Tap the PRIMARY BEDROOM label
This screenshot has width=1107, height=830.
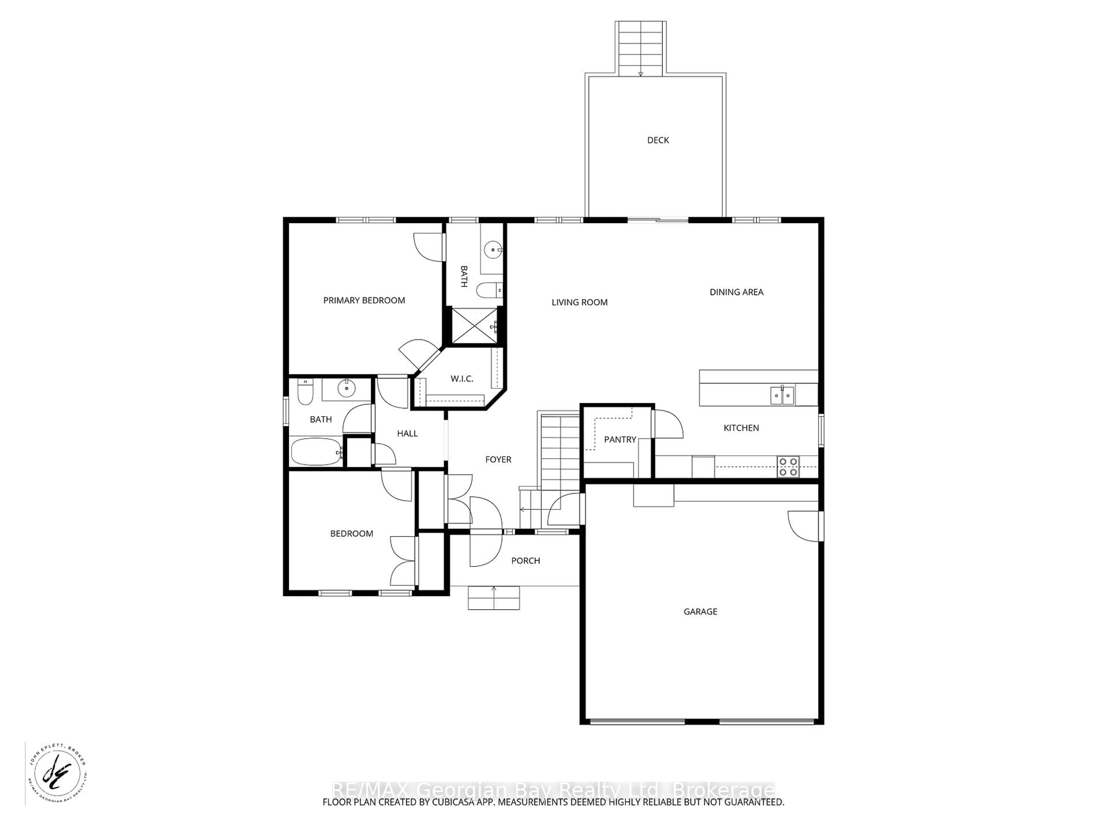[x=364, y=300]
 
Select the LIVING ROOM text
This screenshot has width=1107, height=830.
[x=579, y=302]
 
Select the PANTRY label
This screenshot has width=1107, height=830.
[x=620, y=439]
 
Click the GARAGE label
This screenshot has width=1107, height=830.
[x=700, y=611]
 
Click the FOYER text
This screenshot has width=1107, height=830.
[x=498, y=459]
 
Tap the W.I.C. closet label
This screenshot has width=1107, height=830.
[x=462, y=379]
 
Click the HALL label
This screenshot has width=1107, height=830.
[x=407, y=433]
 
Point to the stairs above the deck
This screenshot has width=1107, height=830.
[x=640, y=48]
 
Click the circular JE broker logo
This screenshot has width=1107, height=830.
[x=57, y=774]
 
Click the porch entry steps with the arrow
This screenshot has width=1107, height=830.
[x=494, y=598]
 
